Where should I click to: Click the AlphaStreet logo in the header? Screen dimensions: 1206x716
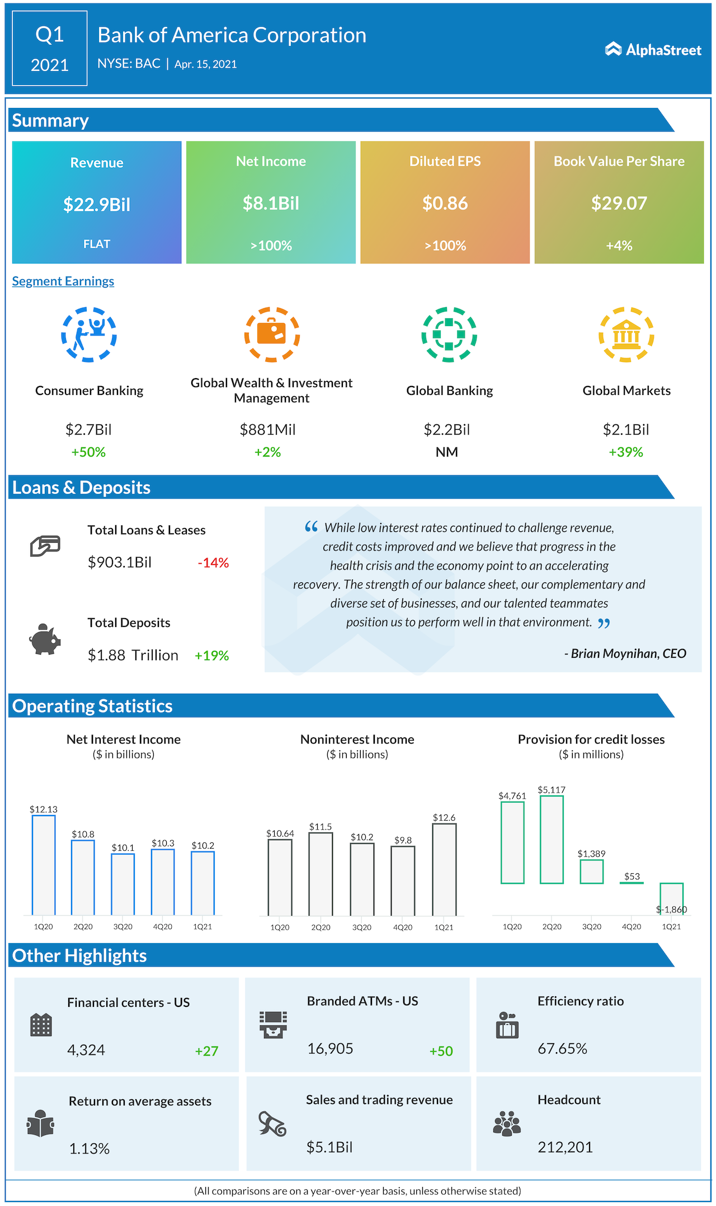[x=653, y=50]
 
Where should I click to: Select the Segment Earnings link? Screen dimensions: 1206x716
[x=63, y=281]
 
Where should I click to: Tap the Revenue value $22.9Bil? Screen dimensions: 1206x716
[x=97, y=205]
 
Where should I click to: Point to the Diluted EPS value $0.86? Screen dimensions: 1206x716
[x=445, y=203]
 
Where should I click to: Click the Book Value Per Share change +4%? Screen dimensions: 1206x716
[x=619, y=246]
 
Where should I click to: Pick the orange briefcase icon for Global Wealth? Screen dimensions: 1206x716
[x=272, y=334]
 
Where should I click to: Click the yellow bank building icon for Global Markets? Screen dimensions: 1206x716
[x=626, y=335]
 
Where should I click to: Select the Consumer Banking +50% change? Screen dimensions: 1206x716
[x=88, y=452]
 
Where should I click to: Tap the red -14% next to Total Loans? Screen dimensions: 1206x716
[x=213, y=563]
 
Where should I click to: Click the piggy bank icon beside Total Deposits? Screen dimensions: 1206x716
[x=45, y=639]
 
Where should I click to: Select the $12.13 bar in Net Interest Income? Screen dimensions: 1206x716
[x=44, y=865]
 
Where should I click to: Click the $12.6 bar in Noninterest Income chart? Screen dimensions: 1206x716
[x=444, y=869]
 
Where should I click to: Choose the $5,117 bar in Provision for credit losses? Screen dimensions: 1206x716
[x=552, y=839]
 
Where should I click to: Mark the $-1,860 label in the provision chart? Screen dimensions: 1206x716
[x=671, y=910]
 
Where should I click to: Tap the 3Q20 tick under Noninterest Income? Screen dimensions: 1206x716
[x=362, y=927]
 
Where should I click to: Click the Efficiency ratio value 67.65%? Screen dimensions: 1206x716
[x=562, y=1049]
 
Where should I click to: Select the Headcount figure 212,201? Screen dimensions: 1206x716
[x=565, y=1147]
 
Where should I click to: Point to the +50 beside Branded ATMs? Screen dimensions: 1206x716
[x=441, y=1051]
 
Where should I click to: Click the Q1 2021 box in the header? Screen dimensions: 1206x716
[x=50, y=49]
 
